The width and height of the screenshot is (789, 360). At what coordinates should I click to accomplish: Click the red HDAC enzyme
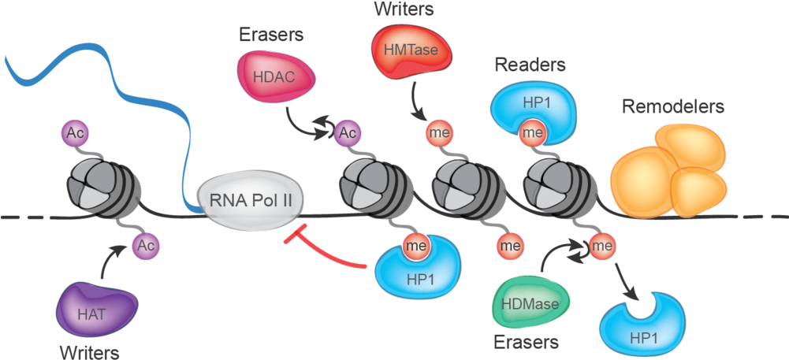click(276, 76)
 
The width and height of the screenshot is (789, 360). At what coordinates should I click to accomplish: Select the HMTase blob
click(405, 51)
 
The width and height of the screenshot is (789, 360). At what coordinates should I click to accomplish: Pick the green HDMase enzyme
click(530, 302)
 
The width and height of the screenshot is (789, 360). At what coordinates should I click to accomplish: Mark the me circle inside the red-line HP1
click(416, 246)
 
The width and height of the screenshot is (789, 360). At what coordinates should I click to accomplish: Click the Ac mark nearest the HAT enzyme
click(145, 246)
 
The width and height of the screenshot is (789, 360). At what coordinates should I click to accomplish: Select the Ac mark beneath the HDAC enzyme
click(348, 132)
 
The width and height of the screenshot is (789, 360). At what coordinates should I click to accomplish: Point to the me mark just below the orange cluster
click(603, 247)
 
